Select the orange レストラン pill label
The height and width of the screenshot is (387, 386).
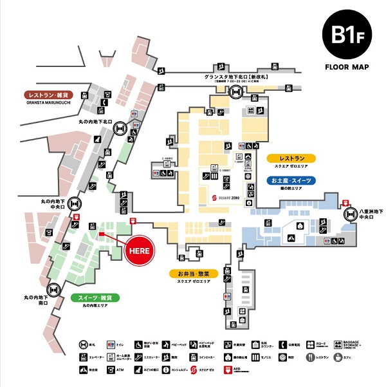291,158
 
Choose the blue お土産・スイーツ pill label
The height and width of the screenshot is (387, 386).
291,181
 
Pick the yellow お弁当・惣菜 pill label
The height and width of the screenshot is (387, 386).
194,274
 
